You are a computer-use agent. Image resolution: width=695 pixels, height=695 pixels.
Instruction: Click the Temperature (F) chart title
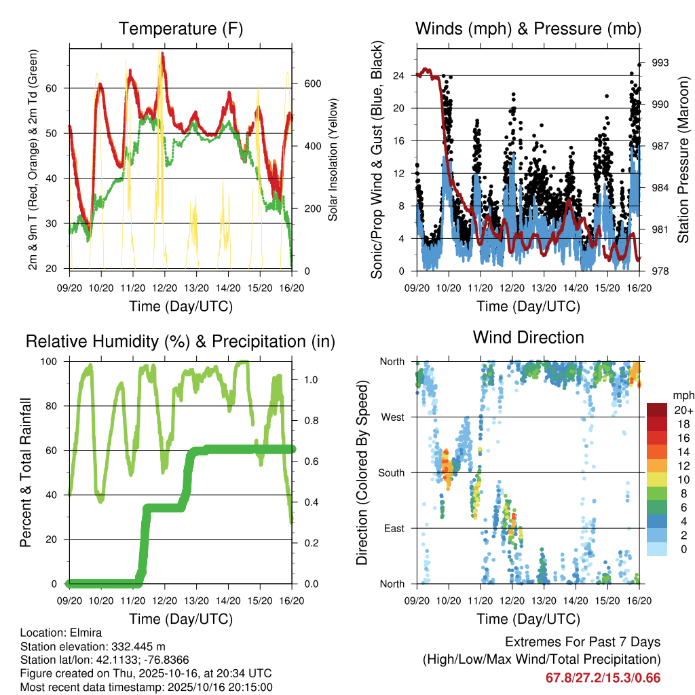click(181, 29)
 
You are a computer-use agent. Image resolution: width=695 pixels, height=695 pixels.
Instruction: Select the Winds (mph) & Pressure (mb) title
click(528, 29)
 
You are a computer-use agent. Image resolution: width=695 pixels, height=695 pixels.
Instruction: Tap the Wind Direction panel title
click(528, 337)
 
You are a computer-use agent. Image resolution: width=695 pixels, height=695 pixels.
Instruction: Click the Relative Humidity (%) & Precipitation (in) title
click(181, 341)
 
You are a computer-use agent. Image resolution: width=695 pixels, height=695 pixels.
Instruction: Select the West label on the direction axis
click(392, 417)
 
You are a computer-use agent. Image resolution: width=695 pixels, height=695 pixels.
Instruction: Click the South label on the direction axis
click(392, 472)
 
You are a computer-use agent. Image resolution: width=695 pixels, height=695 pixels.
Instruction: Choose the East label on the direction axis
click(394, 528)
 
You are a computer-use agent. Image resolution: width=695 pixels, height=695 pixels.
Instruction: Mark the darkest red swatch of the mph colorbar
click(656, 410)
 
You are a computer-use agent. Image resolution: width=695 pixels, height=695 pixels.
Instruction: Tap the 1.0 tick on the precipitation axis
click(309, 379)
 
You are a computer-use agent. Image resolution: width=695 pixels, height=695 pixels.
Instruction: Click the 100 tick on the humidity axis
click(56, 361)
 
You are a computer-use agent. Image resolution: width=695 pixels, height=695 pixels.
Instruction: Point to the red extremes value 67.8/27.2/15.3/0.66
click(603, 678)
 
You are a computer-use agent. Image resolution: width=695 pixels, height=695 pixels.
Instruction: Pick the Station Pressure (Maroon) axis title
click(683, 159)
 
